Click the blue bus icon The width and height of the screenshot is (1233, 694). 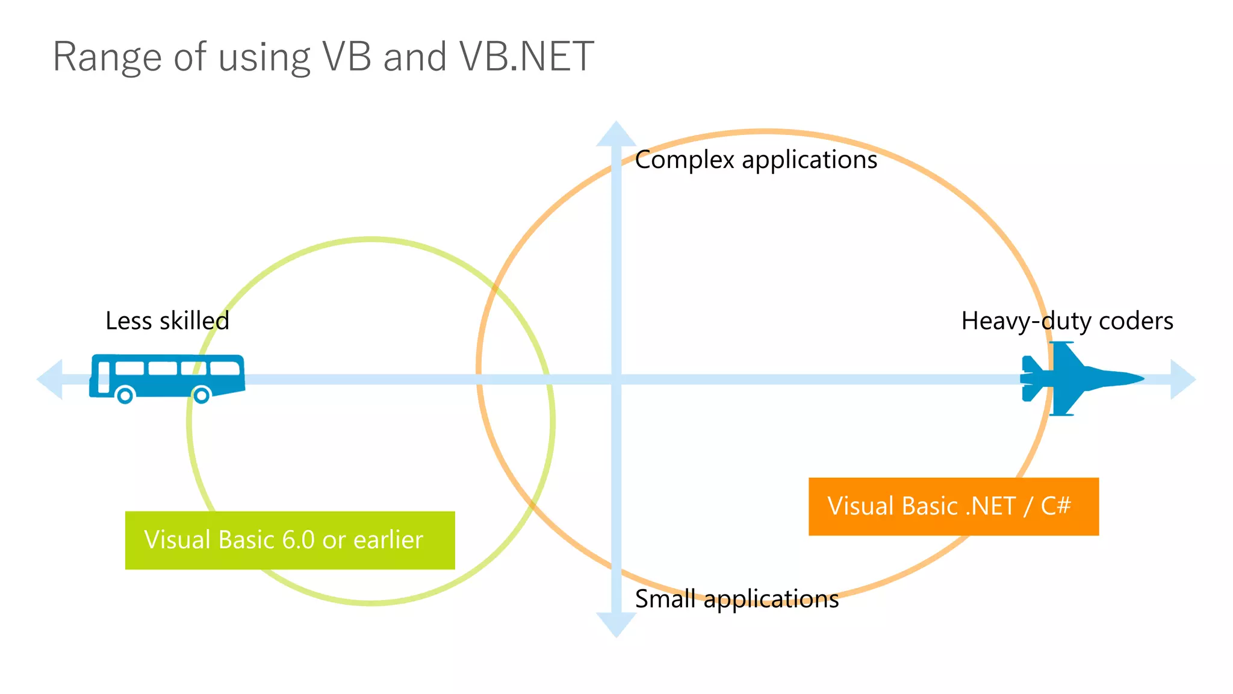(x=167, y=377)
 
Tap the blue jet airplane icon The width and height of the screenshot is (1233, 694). (x=1078, y=379)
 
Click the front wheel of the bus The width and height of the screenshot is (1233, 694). (x=201, y=395)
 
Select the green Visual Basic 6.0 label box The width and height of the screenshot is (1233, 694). (x=290, y=540)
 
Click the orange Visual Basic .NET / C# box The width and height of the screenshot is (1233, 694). (x=953, y=507)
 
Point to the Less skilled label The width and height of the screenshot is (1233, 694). (x=167, y=321)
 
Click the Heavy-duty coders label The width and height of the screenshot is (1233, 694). (x=1066, y=321)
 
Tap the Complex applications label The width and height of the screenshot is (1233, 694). (x=756, y=160)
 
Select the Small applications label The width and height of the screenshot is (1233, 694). (x=736, y=599)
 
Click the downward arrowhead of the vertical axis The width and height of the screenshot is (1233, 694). (x=616, y=624)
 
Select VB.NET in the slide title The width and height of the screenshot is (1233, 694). (x=526, y=57)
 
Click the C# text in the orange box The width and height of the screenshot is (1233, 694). (x=1055, y=506)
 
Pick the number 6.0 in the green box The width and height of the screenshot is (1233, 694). (x=298, y=540)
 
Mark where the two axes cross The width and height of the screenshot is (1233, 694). (x=616, y=380)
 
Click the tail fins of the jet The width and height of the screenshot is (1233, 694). (x=1032, y=379)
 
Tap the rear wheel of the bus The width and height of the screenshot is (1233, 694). (x=125, y=395)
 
